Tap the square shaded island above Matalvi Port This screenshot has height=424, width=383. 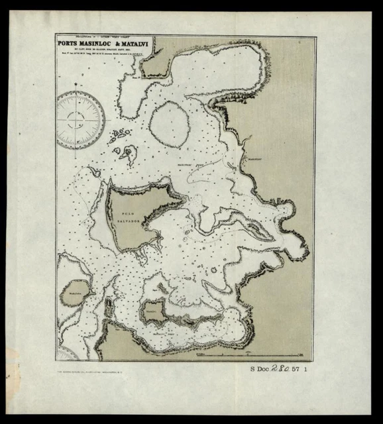coord(154,311)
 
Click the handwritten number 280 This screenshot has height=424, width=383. coord(286,371)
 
